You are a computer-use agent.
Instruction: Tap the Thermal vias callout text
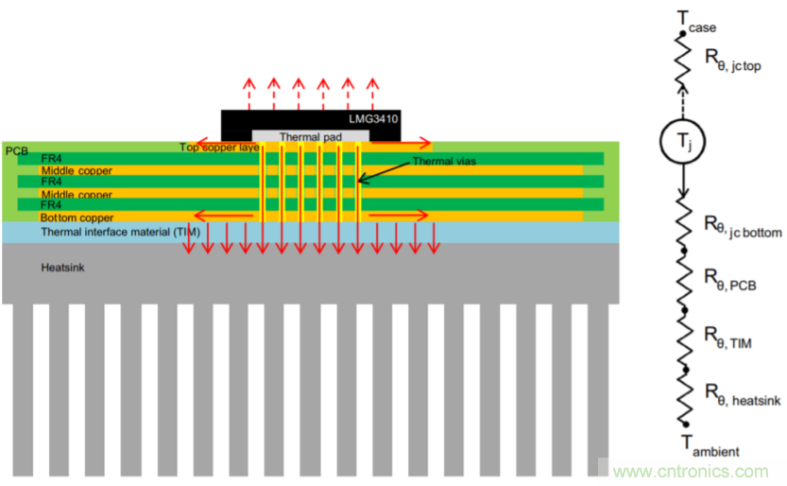point(443,162)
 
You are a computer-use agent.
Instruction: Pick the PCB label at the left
point(16,150)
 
